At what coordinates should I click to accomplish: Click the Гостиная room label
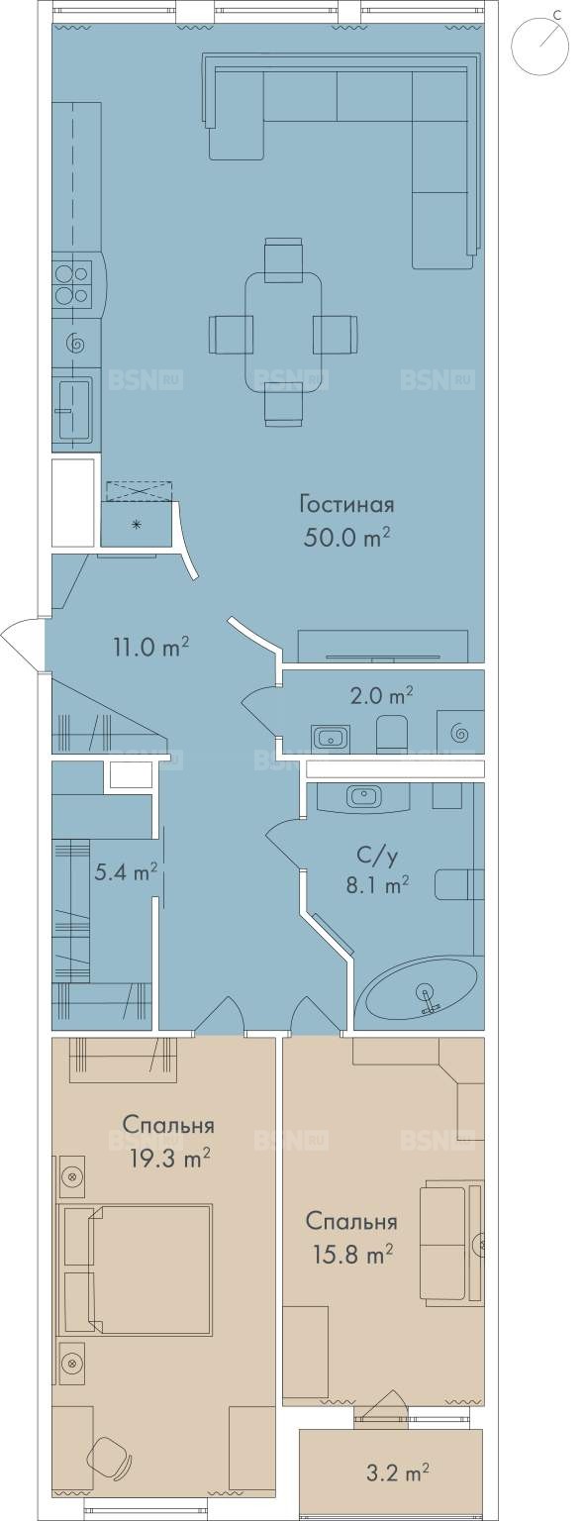(x=346, y=506)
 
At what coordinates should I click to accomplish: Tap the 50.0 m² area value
(x=346, y=539)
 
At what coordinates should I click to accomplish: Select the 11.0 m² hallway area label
(x=150, y=647)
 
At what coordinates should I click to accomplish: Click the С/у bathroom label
(x=377, y=859)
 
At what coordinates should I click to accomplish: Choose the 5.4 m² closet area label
(x=127, y=871)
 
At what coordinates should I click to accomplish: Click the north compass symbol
(x=538, y=43)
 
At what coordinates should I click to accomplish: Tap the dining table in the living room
(x=283, y=332)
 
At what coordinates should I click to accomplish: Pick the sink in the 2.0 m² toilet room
(x=331, y=736)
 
